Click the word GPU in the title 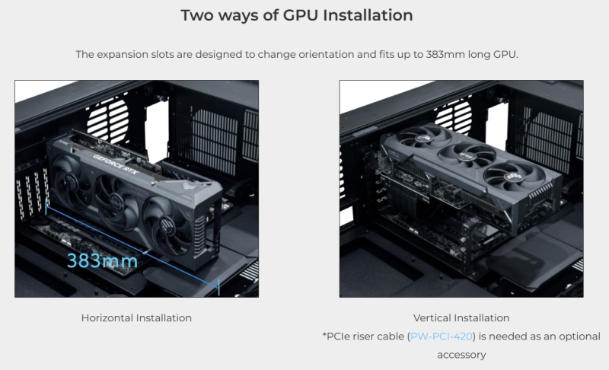(301, 15)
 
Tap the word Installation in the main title (368, 15)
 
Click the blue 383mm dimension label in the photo (102, 260)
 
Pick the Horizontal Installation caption (136, 318)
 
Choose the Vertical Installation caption (461, 318)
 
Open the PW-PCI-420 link (442, 337)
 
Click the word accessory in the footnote (461, 355)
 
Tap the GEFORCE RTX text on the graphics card (116, 164)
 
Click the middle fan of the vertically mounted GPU (466, 155)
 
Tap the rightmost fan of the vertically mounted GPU (512, 177)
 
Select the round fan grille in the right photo (453, 115)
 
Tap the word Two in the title (197, 15)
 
